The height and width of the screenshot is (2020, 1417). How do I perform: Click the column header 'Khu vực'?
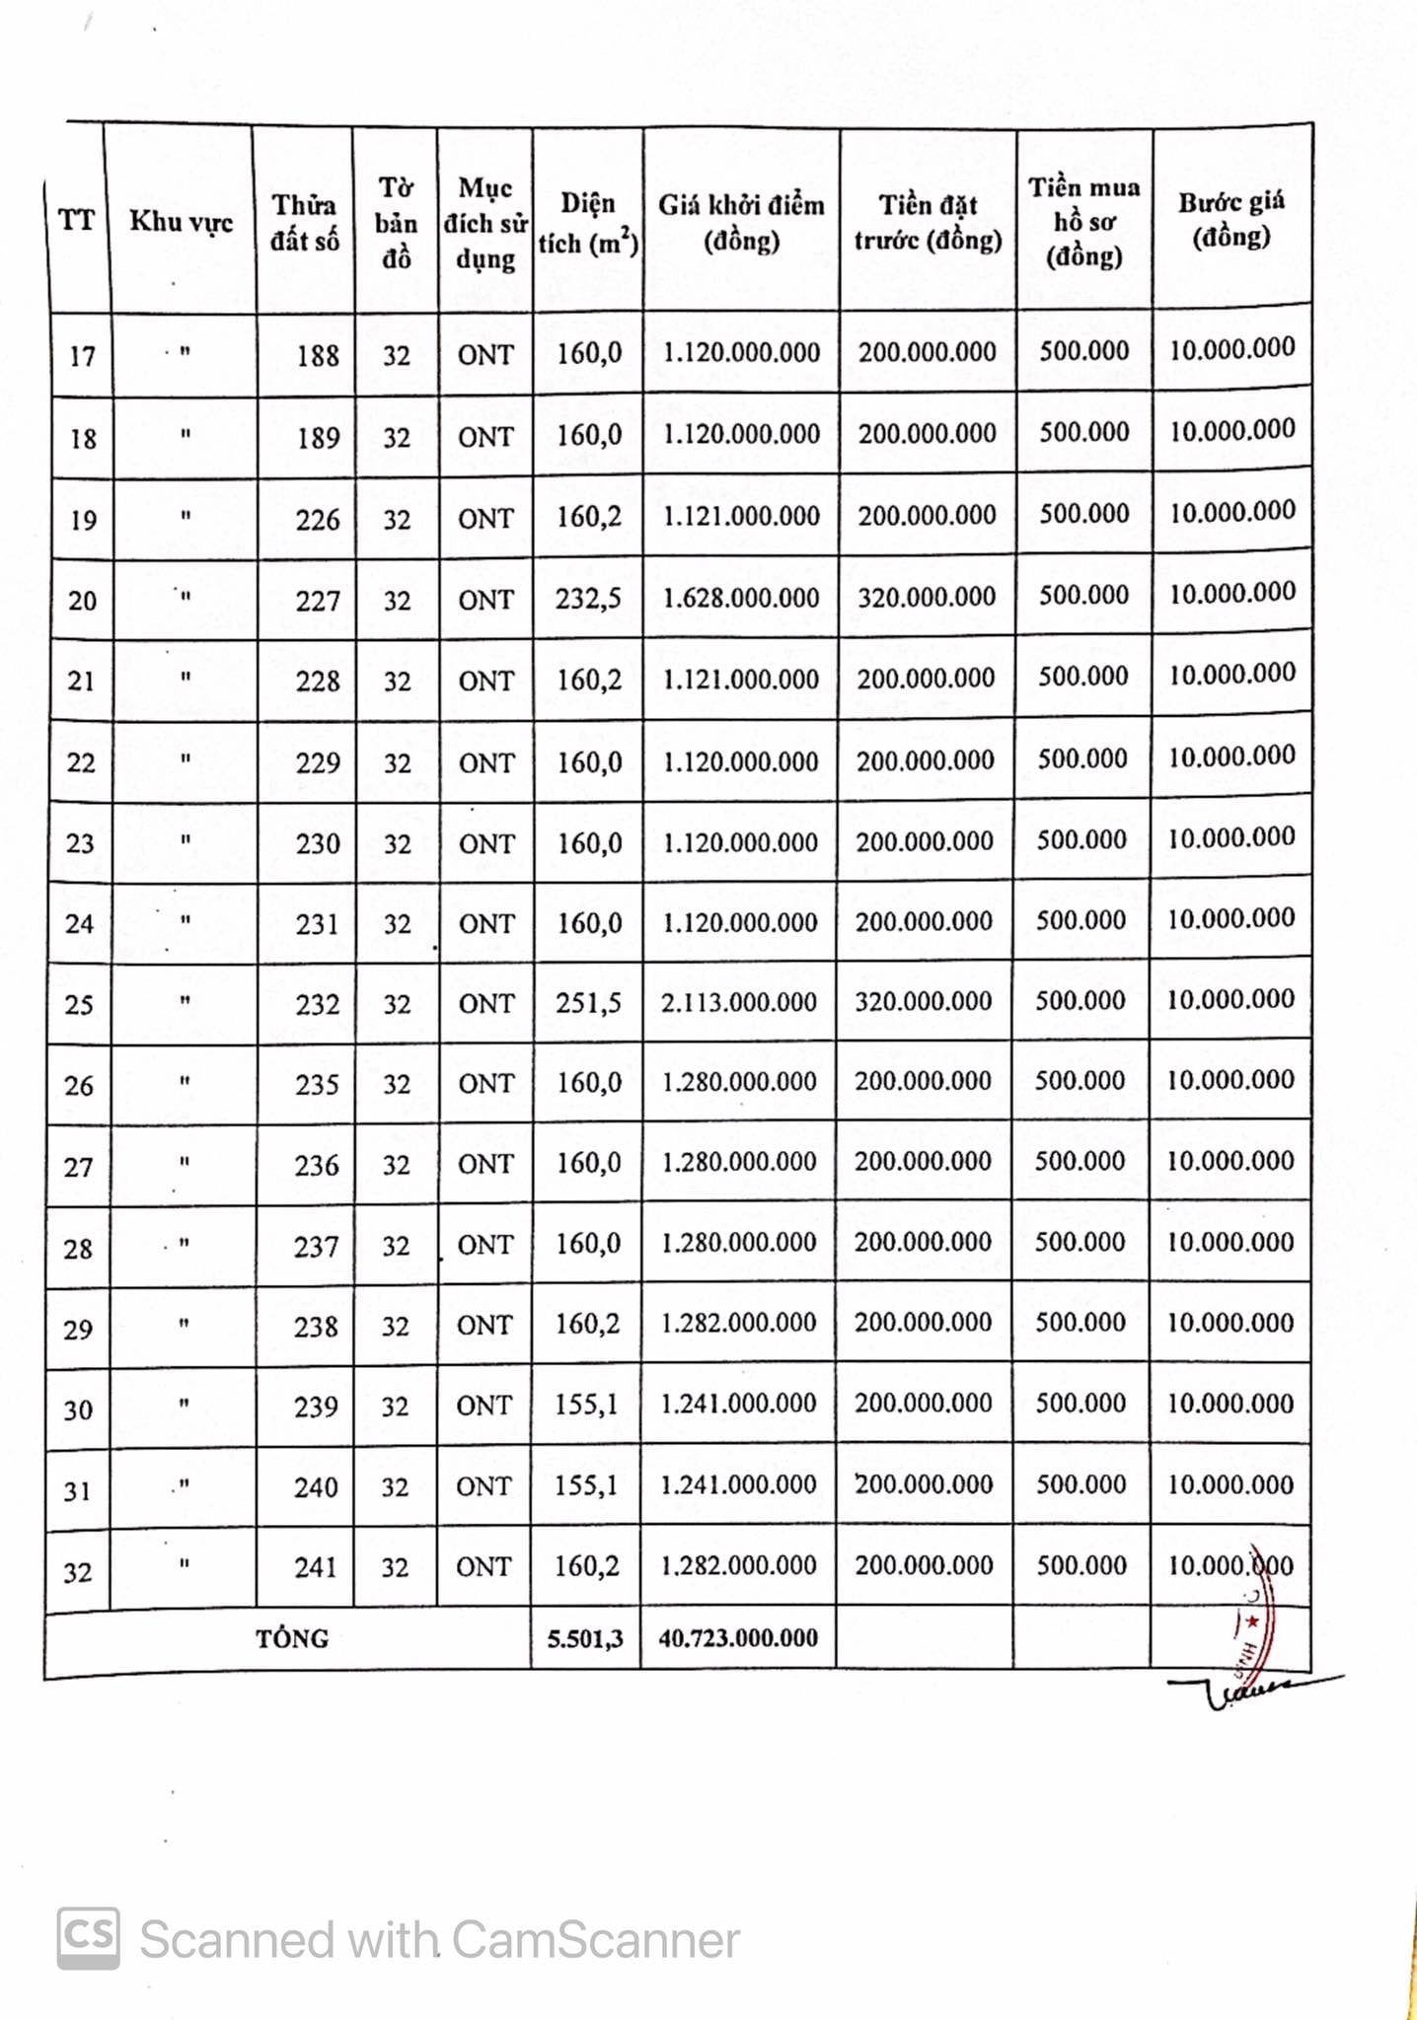[x=182, y=222]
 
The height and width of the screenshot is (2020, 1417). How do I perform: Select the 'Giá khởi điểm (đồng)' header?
[x=741, y=223]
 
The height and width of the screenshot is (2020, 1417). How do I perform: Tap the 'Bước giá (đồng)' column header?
[x=1231, y=219]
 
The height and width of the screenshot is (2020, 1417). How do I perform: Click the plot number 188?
[x=318, y=355]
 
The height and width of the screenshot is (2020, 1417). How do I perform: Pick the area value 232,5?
[x=588, y=598]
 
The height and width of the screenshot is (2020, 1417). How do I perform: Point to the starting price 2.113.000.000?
[x=739, y=1002]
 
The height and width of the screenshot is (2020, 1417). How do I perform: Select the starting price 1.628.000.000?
[x=741, y=598]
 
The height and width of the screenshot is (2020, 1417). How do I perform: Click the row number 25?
[x=79, y=1005]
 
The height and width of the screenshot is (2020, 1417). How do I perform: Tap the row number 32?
[x=78, y=1571]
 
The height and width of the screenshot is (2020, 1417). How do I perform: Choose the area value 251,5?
[x=588, y=1002]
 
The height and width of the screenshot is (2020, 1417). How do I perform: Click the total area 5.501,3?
[x=586, y=1638]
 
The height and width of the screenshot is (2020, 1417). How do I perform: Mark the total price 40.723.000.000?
[x=738, y=1638]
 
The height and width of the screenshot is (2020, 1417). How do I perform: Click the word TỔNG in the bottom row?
[x=292, y=1638]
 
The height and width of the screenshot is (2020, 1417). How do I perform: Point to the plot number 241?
[x=316, y=1566]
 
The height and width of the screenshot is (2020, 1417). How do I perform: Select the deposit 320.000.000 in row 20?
[x=927, y=597]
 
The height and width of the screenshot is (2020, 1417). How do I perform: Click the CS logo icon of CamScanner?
[x=89, y=1938]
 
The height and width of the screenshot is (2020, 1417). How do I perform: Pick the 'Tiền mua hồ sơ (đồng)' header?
[x=1083, y=222]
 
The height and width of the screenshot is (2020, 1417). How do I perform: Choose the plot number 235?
[x=317, y=1084]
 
